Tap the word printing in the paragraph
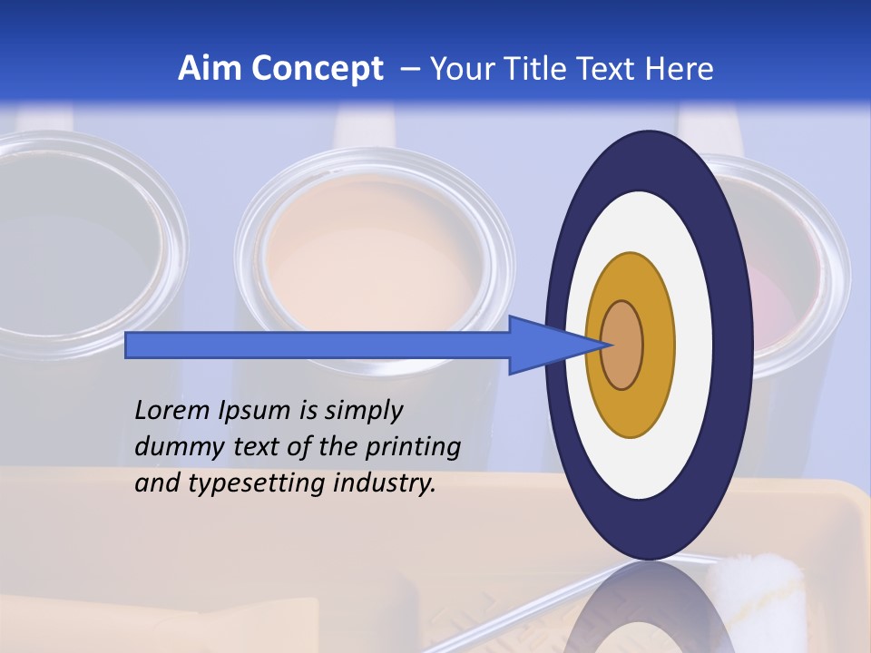pyautogui.click(x=413, y=447)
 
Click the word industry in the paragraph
pyautogui.click(x=385, y=483)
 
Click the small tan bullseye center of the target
pyautogui.click(x=622, y=346)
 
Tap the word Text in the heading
pyautogui.click(x=612, y=69)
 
